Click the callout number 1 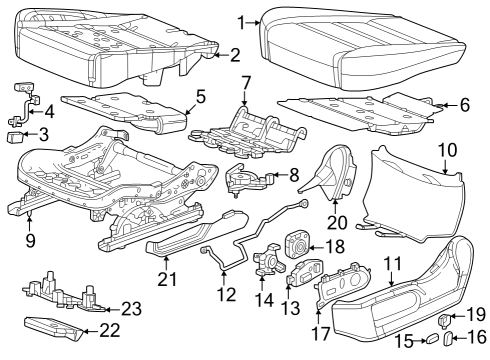243,19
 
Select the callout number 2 233,55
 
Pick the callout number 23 133,308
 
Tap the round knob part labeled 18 299,242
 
